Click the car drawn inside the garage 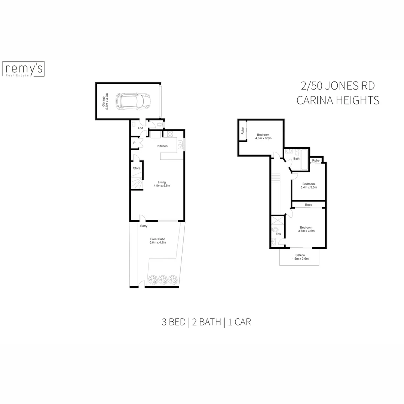(x=133, y=101)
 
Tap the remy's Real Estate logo (x=24, y=69)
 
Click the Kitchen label (x=162, y=146)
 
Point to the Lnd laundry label (x=140, y=128)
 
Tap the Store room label (x=137, y=168)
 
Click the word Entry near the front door (x=144, y=226)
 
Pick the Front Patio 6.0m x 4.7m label (x=158, y=241)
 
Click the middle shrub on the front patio (x=162, y=279)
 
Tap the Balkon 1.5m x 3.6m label (x=300, y=257)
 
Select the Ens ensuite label (x=278, y=234)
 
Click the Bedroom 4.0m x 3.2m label (x=263, y=136)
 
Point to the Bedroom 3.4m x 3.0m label (x=309, y=186)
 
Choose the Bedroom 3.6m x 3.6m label (x=306, y=229)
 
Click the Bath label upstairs (x=296, y=159)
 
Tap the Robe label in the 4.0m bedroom (x=242, y=131)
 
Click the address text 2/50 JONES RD (x=337, y=86)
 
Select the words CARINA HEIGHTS (x=337, y=101)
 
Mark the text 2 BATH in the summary (x=206, y=322)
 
